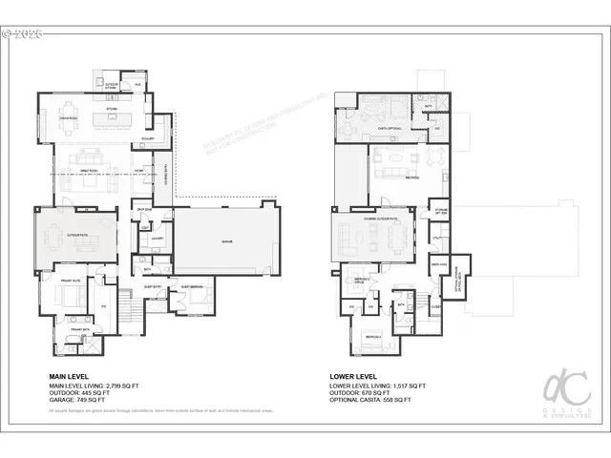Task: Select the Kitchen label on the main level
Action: tap(111, 110)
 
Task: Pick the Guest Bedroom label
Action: tap(191, 286)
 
